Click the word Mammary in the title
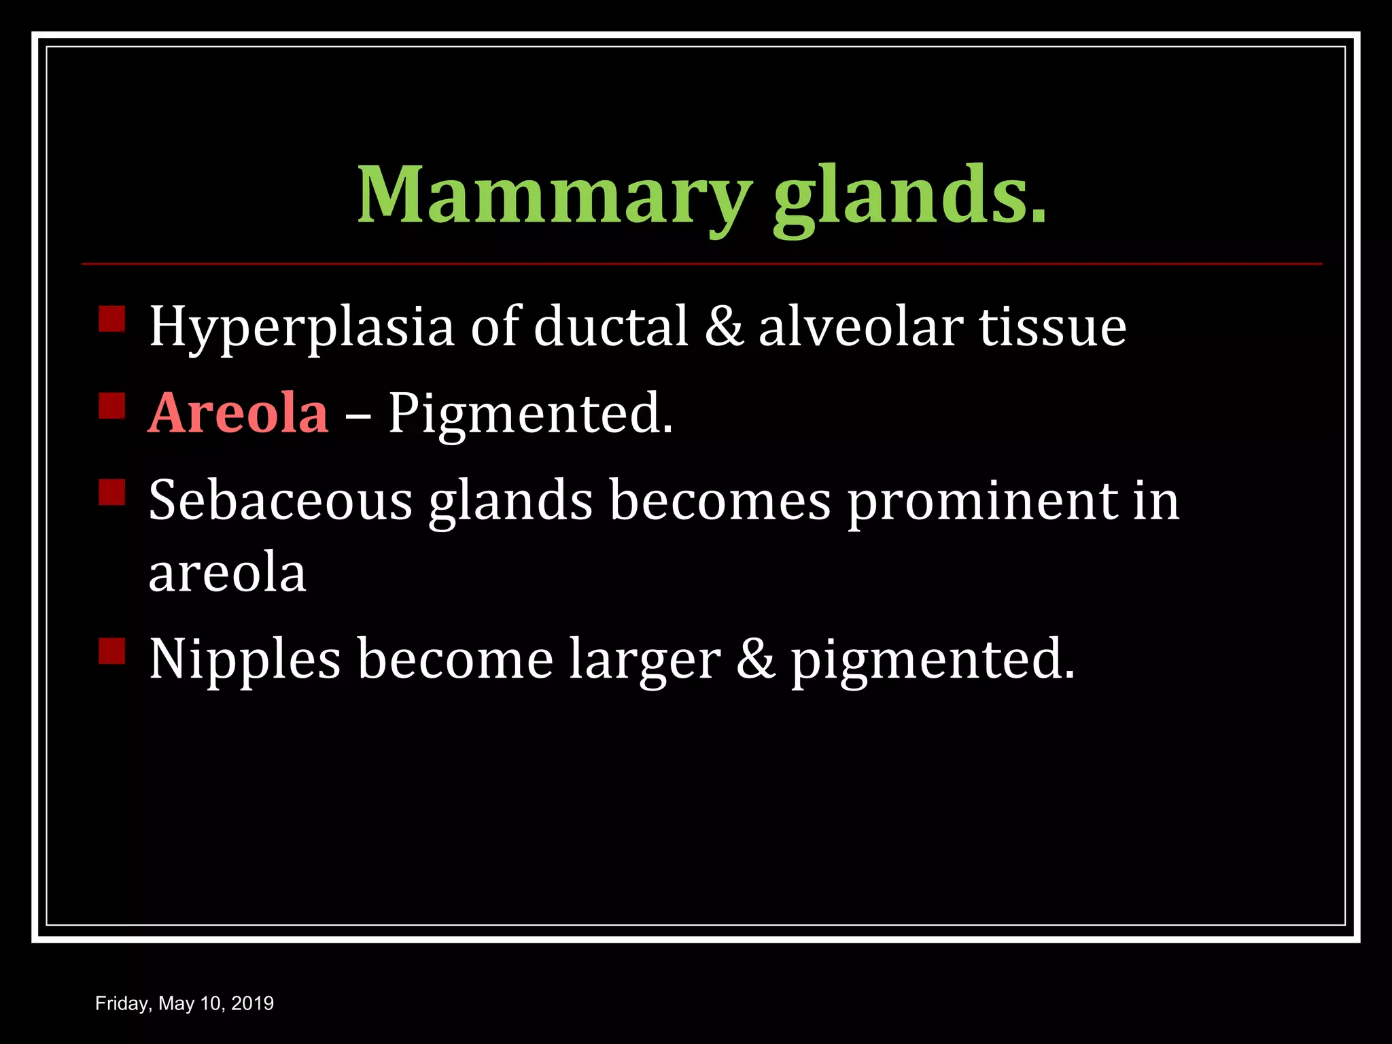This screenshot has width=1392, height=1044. tap(553, 196)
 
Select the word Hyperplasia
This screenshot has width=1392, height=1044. tap(301, 328)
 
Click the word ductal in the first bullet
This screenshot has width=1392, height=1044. tap(610, 326)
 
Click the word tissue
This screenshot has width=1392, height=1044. tap(1052, 326)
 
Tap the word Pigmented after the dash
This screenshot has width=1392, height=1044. tap(530, 415)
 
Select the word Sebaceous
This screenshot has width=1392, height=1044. tap(280, 500)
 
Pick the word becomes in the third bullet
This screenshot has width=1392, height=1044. tap(720, 500)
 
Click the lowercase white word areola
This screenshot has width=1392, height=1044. tap(227, 572)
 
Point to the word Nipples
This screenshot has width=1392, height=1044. tap(245, 659)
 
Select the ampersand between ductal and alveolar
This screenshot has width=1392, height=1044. tap(724, 326)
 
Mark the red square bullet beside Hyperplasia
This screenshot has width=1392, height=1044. tap(112, 318)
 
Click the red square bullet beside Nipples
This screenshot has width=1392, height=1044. tap(112, 650)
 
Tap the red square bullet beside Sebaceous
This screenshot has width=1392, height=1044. tap(112, 492)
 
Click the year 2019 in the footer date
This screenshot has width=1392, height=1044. tap(252, 1003)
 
